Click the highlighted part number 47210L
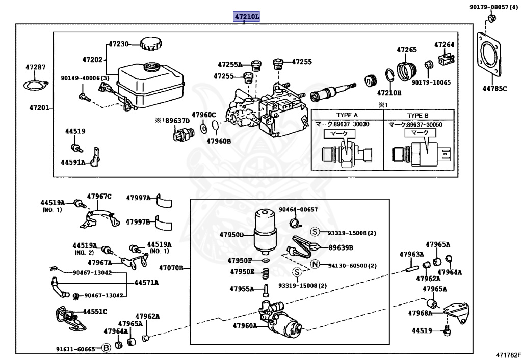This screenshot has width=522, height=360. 247,17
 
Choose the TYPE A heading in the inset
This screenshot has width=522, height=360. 347,115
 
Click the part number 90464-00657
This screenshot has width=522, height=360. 298,209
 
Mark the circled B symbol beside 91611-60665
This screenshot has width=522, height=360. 106,349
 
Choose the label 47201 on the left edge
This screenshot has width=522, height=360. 39,108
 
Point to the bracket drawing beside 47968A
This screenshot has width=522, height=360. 457,312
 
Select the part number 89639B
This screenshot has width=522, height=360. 341,248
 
